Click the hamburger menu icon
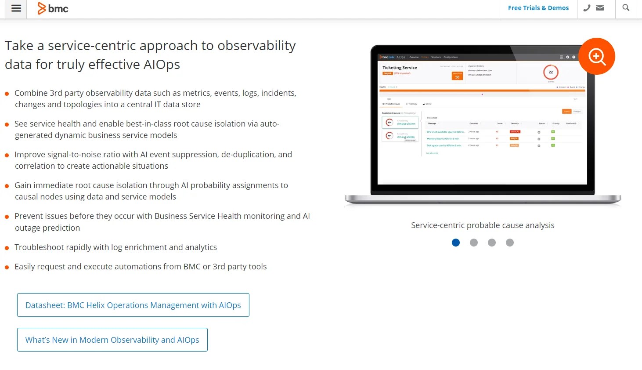coord(16,8)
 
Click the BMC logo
coord(53,8)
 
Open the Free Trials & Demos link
coord(538,8)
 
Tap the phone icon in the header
coord(587,8)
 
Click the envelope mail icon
coord(600,8)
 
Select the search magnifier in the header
coord(626,8)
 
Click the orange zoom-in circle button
coord(596,56)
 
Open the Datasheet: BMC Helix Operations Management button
coord(133,305)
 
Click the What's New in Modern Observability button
coord(112,340)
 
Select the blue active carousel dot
coord(456,243)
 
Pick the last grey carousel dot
coord(509,243)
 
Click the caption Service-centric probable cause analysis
coord(483,225)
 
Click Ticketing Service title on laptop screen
coord(400,68)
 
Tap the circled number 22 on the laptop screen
coord(551,72)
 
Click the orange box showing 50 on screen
coord(457,76)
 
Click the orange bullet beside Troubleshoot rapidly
coord(7,248)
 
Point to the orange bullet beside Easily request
coord(7,267)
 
